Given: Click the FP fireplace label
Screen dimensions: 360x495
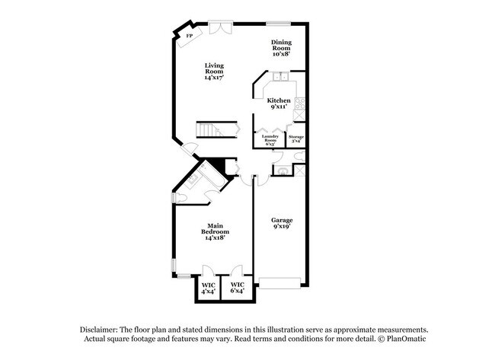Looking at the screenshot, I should point(189,35).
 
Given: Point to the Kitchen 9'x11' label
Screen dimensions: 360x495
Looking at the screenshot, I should point(278,104).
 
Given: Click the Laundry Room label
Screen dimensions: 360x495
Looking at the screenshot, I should point(270,139).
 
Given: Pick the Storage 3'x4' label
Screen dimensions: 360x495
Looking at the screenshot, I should point(295,139).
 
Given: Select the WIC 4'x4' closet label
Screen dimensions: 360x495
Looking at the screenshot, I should point(208,289).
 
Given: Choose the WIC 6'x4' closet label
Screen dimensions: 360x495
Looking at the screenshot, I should point(237,289).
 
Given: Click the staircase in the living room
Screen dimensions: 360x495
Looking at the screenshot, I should point(209,130).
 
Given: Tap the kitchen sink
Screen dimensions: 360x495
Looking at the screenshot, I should point(280,77).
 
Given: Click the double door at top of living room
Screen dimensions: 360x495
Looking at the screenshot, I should point(220,28).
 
